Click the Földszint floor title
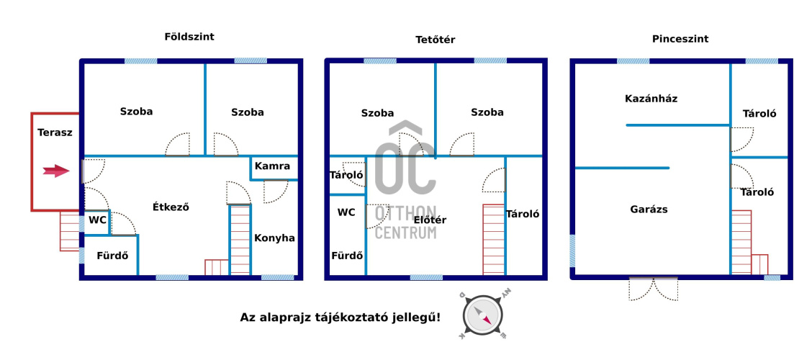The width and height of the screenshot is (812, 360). pyautogui.click(x=189, y=37)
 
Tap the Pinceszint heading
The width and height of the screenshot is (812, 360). pyautogui.click(x=680, y=39)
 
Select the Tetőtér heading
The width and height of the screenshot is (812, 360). pyautogui.click(x=435, y=40)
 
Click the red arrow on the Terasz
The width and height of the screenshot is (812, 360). pyautogui.click(x=56, y=171)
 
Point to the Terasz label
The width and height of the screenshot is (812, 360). pyautogui.click(x=55, y=132)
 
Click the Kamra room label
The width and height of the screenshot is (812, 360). pyautogui.click(x=272, y=167)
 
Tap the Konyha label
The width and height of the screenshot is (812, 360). pyautogui.click(x=274, y=238)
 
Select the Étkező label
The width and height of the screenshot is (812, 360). pyautogui.click(x=171, y=207)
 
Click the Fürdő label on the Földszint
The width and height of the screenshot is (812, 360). pyautogui.click(x=112, y=256)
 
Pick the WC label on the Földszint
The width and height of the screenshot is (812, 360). pyautogui.click(x=97, y=220)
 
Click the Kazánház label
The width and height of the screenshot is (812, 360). pyautogui.click(x=651, y=99)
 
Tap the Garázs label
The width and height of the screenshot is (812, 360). pyautogui.click(x=649, y=210)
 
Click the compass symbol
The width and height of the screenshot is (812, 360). pyautogui.click(x=482, y=315)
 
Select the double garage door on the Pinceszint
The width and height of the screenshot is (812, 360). pyautogui.click(x=654, y=289)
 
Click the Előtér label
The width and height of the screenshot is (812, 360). pyautogui.click(x=430, y=220)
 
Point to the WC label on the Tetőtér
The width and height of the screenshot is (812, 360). pyautogui.click(x=346, y=212)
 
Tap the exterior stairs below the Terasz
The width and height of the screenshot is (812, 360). pyautogui.click(x=69, y=231)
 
